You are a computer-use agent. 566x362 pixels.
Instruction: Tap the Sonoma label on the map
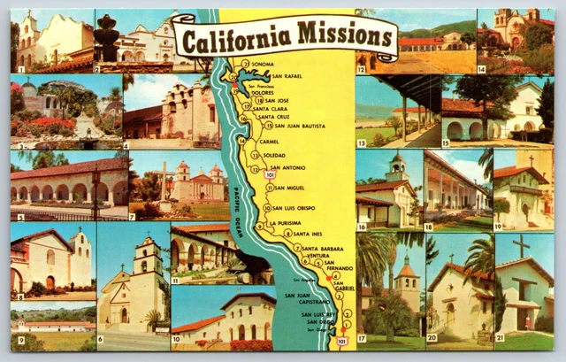263,65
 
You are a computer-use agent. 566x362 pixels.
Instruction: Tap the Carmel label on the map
270,142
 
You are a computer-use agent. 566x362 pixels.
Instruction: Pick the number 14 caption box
482,68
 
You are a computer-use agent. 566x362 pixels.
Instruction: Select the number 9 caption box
19,340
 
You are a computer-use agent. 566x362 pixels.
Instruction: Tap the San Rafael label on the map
287,76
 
